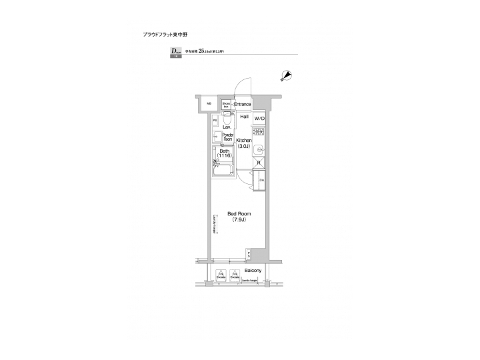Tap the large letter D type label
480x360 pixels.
[173, 51]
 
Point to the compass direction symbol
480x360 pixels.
[287, 76]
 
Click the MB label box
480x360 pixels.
[208, 104]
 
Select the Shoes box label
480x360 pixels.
[226, 105]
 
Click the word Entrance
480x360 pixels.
[242, 104]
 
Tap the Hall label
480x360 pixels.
[244, 117]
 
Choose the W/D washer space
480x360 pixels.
[259, 119]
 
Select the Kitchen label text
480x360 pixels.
[243, 141]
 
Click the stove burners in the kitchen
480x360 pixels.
[259, 132]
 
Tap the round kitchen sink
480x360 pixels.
[260, 148]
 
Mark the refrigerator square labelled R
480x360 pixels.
[258, 162]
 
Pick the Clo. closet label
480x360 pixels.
[262, 179]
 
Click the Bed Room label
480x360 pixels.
[239, 214]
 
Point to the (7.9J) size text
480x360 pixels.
[239, 220]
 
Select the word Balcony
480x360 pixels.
[253, 271]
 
